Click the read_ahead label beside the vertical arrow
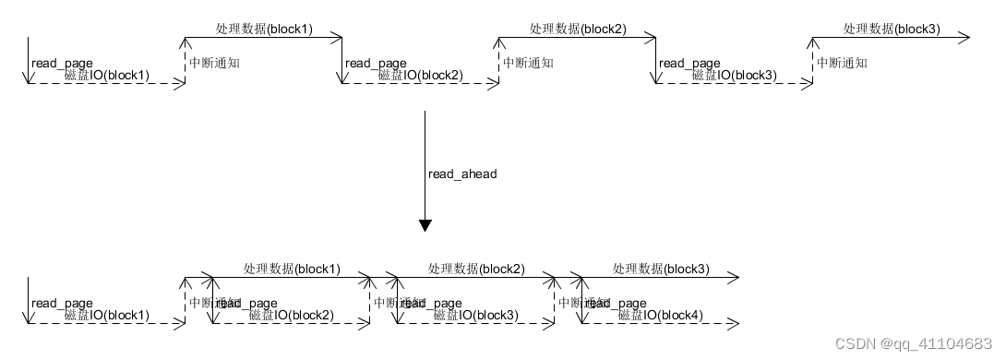462,174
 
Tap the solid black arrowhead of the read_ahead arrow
425,225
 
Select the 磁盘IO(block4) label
660,316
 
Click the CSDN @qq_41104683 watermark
913,342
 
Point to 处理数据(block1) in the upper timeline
264,29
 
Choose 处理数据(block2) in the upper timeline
578,29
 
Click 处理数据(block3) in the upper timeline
892,29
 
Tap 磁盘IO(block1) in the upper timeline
107,75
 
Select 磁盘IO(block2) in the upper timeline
421,75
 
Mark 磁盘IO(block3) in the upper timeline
735,75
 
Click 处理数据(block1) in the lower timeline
292,269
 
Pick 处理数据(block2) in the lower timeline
476,269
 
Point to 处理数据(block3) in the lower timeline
661,269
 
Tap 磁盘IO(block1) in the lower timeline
107,316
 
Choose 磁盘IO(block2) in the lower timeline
292,316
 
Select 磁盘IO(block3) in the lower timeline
476,316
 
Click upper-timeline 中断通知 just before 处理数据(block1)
214,63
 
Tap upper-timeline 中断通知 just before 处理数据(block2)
528,63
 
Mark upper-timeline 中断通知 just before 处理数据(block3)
842,63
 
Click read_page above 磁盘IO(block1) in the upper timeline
62,63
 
